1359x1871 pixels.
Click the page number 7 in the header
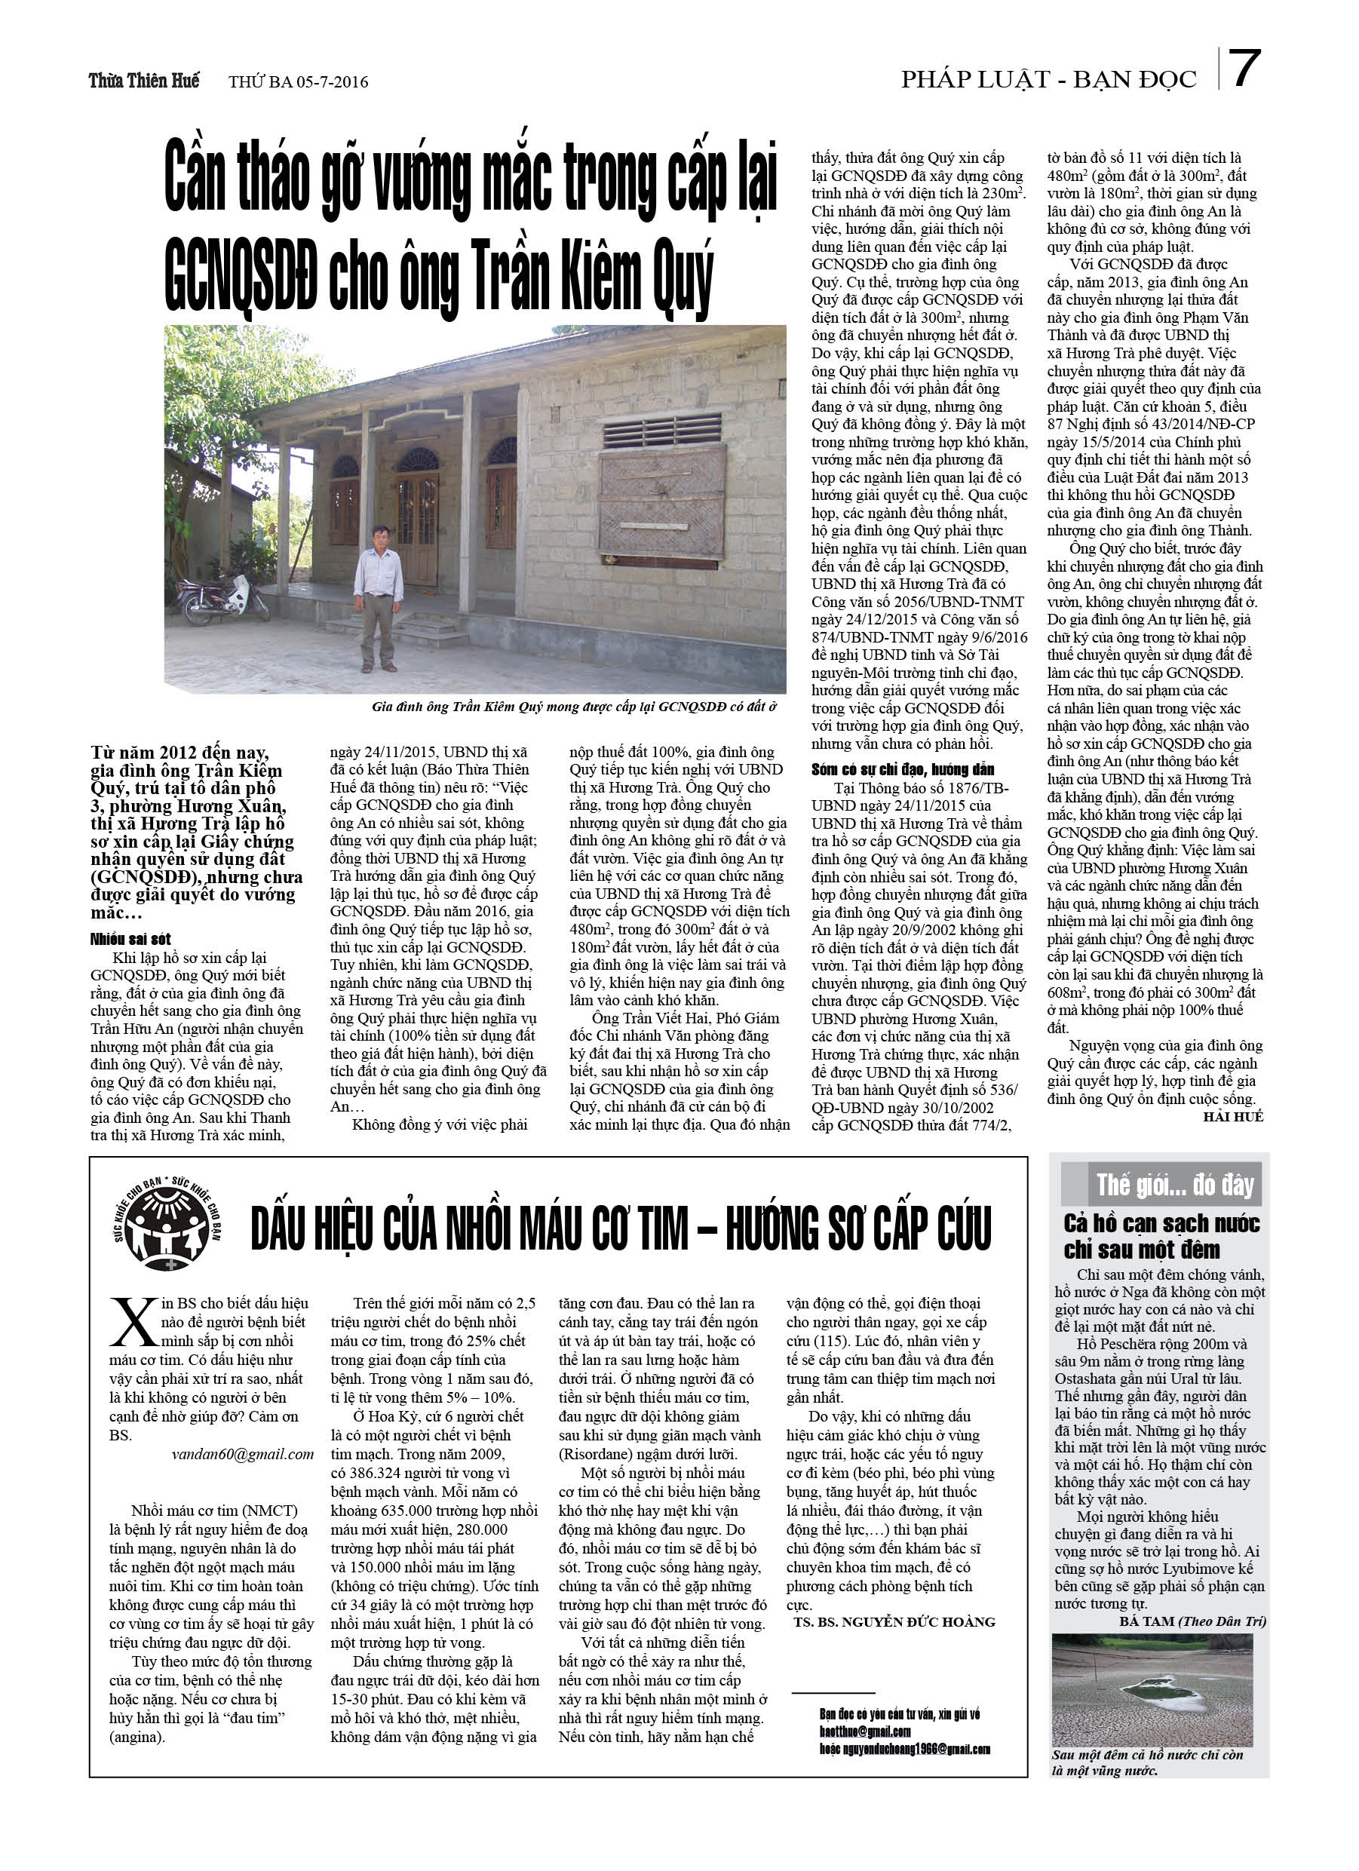coord(1244,69)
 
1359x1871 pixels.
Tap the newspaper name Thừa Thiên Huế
coord(143,81)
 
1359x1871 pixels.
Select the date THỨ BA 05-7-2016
coord(298,81)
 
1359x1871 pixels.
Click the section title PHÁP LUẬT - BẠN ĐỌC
coord(1048,79)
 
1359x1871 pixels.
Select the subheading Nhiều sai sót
coord(130,940)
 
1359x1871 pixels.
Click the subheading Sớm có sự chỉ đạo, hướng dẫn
coord(903,769)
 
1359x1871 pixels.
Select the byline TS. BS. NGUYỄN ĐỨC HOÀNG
coord(894,1622)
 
